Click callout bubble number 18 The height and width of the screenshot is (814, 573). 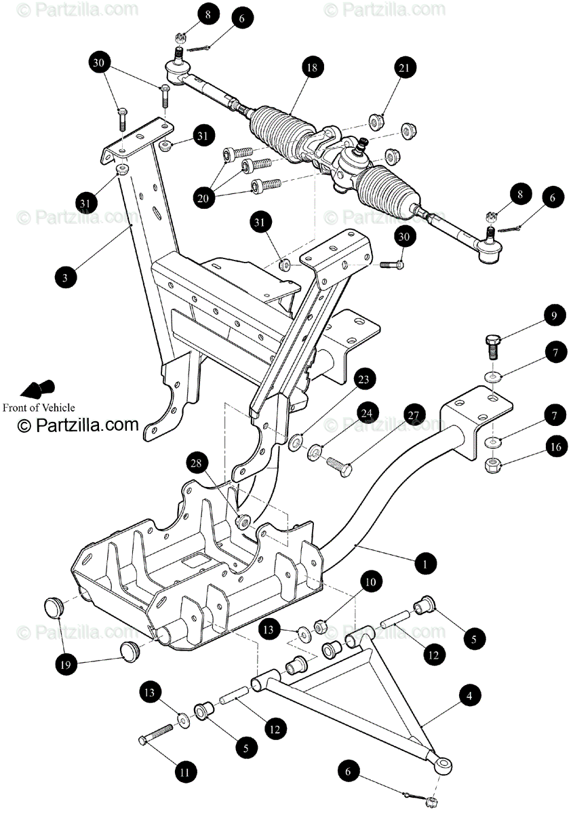point(311,68)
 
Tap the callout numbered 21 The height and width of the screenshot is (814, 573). point(404,68)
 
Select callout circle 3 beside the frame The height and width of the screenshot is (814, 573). point(66,277)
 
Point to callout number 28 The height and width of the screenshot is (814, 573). point(196,465)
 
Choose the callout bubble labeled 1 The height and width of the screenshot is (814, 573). point(424,563)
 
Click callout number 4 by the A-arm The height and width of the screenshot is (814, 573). point(469,695)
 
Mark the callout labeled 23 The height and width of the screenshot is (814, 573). point(363,380)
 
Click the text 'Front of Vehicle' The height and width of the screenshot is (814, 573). point(39,408)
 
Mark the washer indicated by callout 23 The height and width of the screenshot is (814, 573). point(296,443)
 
